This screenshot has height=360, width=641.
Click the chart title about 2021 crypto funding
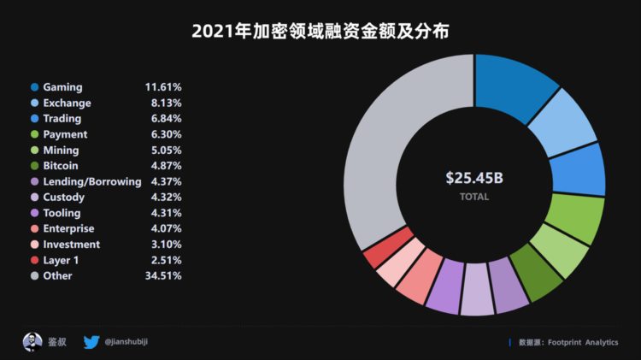click(x=320, y=32)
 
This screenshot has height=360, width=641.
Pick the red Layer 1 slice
click(x=377, y=251)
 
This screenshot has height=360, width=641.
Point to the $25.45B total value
click(x=474, y=178)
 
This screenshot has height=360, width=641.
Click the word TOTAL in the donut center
click(x=474, y=197)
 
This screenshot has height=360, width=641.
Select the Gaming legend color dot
click(x=34, y=87)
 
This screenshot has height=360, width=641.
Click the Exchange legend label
click(x=67, y=103)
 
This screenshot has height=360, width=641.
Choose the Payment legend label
click(x=65, y=134)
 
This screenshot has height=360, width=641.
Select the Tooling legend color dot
click(x=34, y=213)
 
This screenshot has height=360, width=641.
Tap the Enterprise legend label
click(x=68, y=228)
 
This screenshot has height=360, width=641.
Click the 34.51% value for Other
click(x=162, y=275)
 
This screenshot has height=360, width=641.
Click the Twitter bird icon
click(x=91, y=342)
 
